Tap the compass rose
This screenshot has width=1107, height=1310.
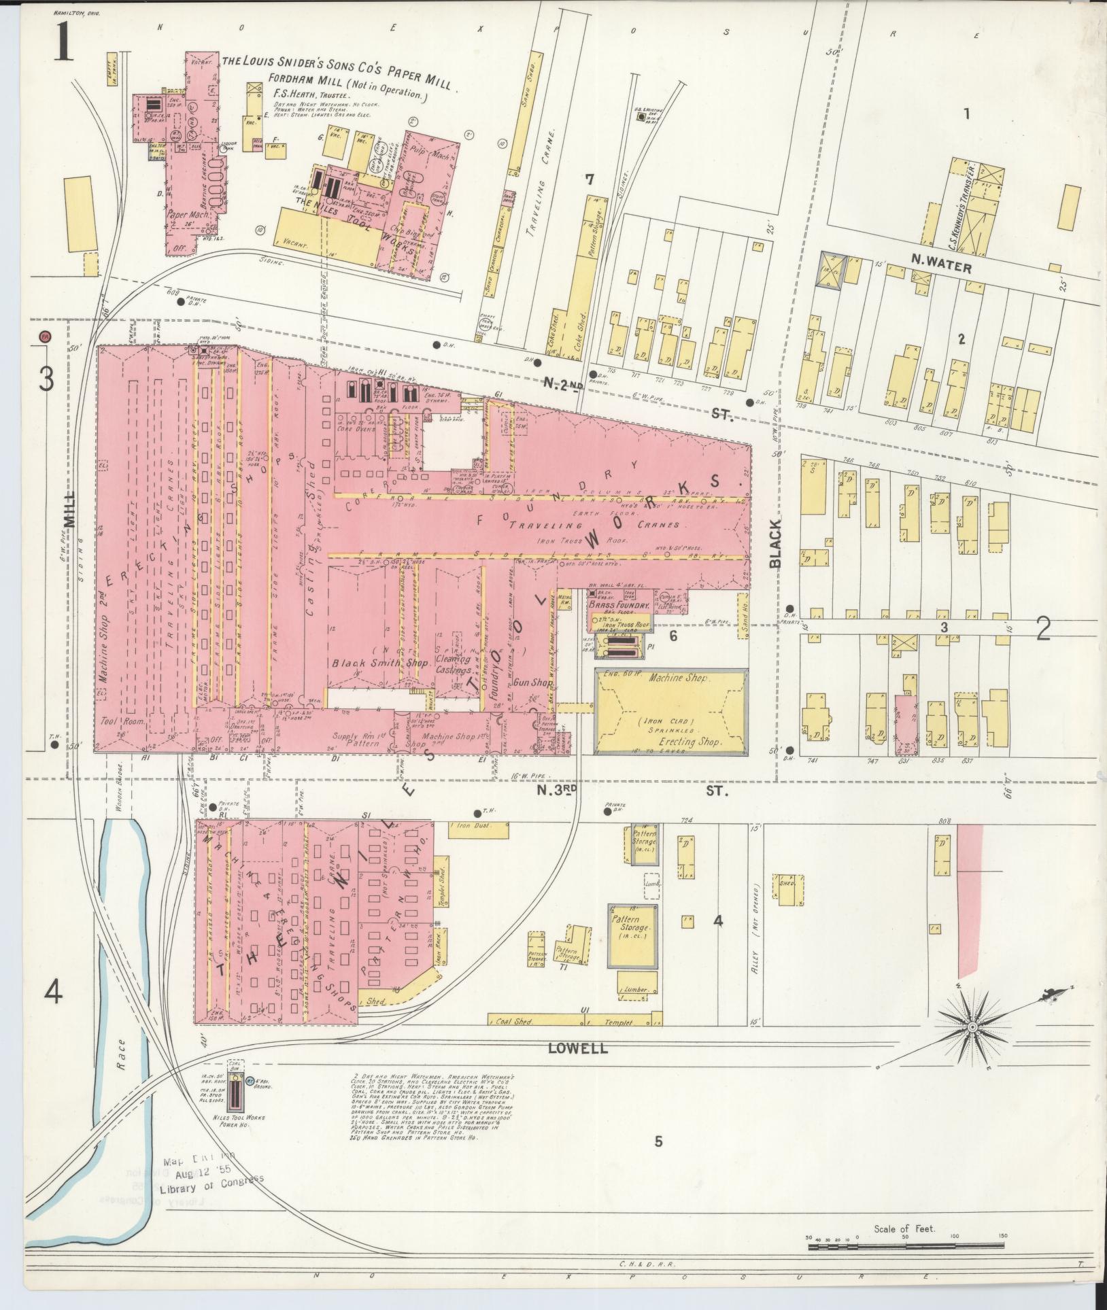972,1026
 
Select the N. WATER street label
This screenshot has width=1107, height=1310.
941,268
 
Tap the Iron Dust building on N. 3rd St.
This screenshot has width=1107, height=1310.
478,829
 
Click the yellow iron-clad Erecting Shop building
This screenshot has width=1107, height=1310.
670,711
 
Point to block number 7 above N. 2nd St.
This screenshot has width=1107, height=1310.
590,179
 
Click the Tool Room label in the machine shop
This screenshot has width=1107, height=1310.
123,721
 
